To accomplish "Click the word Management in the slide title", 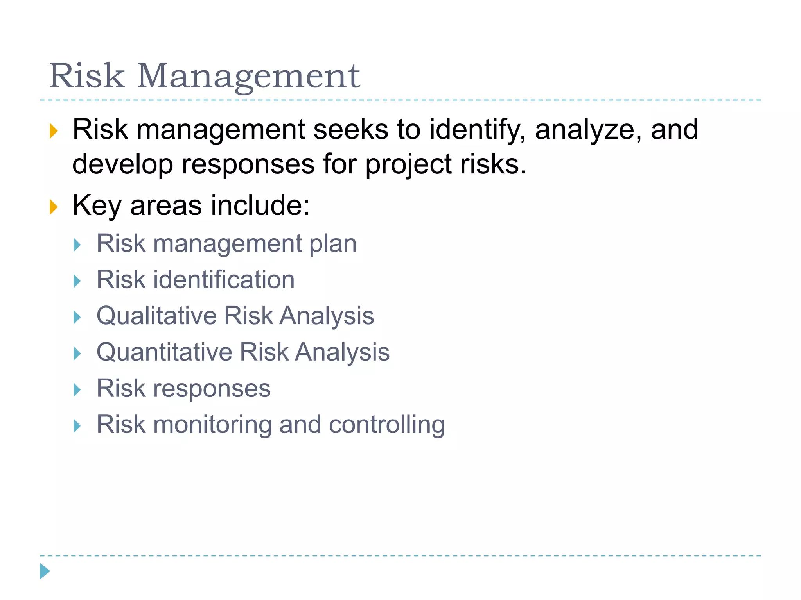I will [248, 76].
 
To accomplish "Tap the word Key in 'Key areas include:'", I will [97, 206].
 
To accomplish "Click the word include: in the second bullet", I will [260, 205].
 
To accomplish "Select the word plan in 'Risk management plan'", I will [333, 244].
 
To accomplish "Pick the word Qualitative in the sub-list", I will [156, 316].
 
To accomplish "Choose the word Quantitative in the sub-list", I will [164, 352].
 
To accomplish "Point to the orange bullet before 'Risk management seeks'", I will [54, 131].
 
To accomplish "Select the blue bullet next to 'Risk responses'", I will [77, 390].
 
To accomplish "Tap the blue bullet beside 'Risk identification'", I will [77, 281].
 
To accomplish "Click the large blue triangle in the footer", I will [45, 571].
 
